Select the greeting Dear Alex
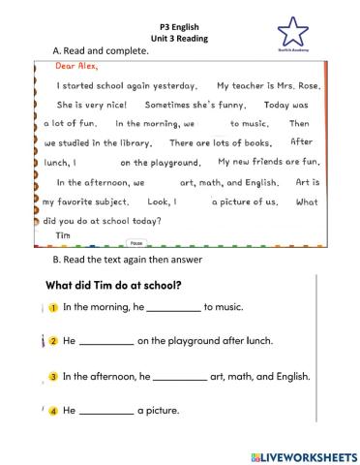click(73, 68)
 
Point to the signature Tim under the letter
click(65, 233)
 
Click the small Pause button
click(135, 243)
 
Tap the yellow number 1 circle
click(55, 307)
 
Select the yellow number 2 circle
click(55, 341)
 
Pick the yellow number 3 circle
click(55, 376)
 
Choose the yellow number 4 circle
click(55, 410)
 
